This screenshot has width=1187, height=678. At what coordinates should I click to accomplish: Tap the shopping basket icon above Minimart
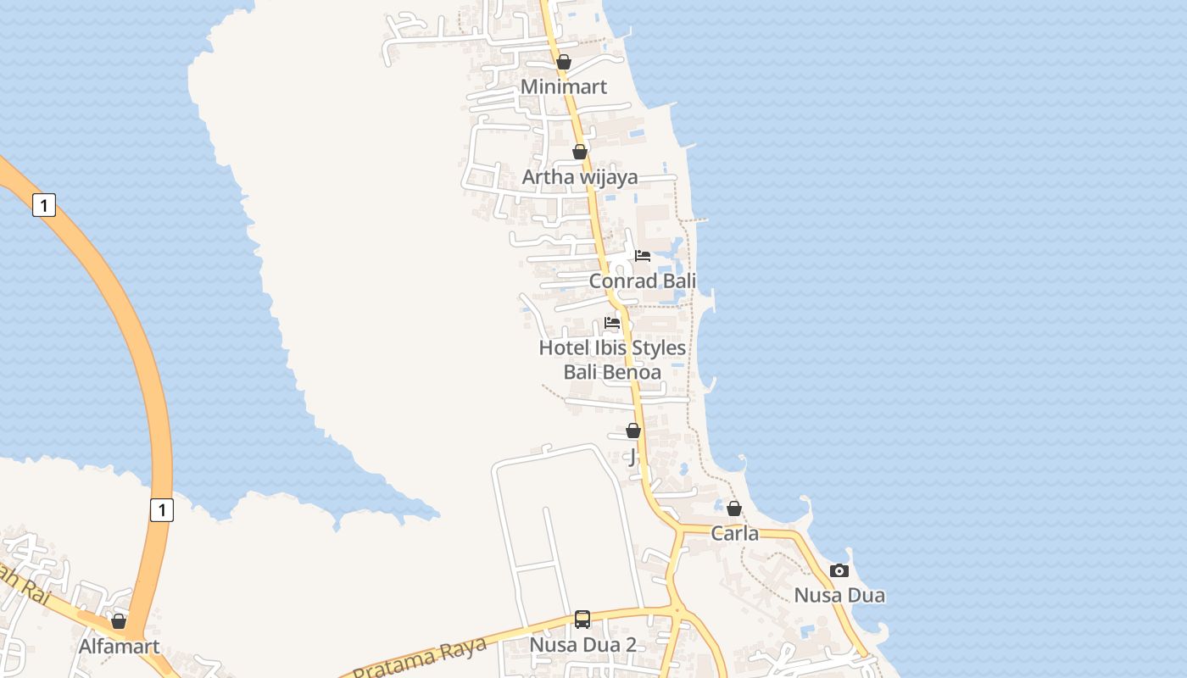(564, 62)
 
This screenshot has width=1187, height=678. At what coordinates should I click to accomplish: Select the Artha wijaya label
(580, 177)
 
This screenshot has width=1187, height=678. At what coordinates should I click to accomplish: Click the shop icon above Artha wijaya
(580, 152)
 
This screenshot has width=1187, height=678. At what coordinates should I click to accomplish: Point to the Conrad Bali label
(643, 281)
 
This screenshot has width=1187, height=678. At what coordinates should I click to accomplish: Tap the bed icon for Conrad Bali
(643, 255)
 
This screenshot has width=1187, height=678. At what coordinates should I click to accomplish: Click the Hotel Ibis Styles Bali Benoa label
(612, 359)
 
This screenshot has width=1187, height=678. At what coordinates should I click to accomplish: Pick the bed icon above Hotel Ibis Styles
(612, 322)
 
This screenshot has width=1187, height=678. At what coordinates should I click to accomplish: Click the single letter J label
(632, 457)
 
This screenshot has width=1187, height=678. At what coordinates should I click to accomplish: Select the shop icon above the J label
(633, 431)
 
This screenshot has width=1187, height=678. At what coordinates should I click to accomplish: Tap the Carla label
(734, 534)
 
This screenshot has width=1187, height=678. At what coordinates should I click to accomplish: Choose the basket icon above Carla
(734, 508)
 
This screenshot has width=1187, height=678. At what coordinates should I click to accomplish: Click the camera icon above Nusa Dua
(839, 570)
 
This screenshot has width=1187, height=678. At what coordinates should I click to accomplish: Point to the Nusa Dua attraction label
(839, 595)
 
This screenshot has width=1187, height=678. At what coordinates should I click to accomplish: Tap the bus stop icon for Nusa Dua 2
(582, 619)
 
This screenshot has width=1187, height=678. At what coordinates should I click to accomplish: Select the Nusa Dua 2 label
(582, 644)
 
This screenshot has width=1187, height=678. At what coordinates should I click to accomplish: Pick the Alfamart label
(119, 647)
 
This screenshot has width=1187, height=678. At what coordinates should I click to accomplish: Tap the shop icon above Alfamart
(119, 621)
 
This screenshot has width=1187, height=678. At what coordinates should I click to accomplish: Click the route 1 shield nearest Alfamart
(161, 509)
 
